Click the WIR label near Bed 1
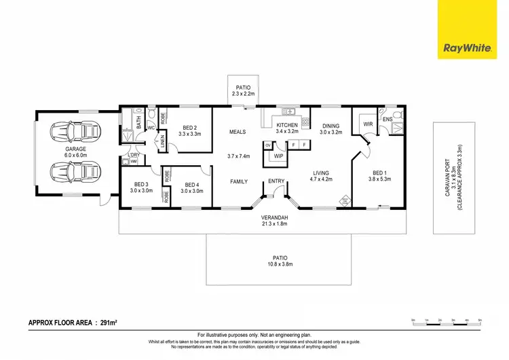pyautogui.click(x=368, y=124)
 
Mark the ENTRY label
pyautogui.click(x=276, y=181)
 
